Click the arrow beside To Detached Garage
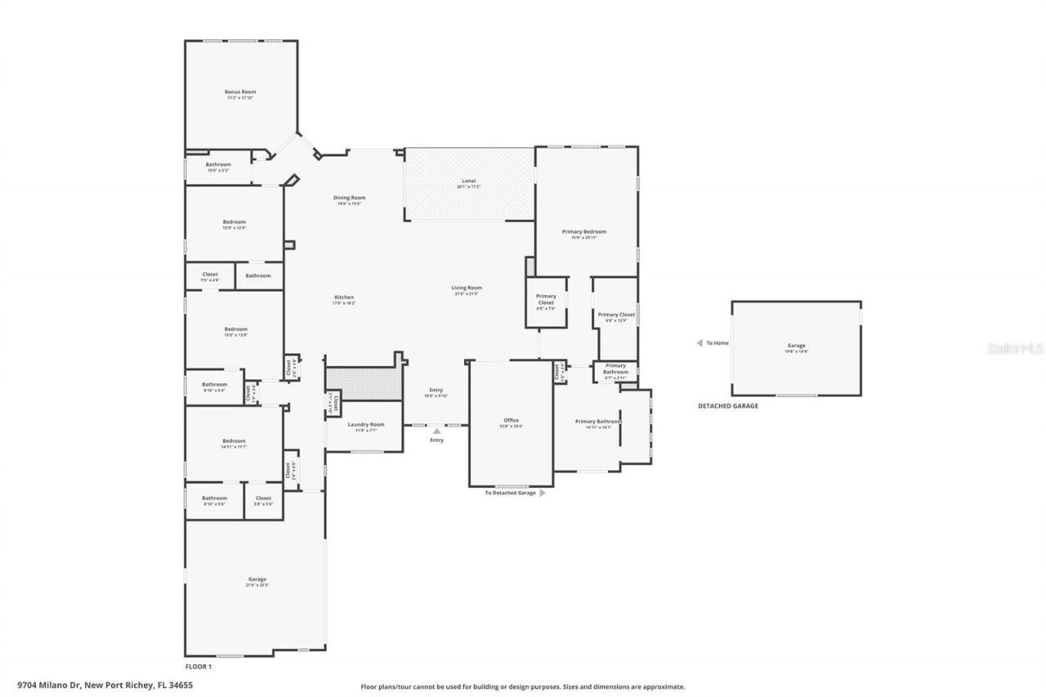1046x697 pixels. [x=542, y=493]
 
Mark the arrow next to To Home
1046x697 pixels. [x=699, y=343]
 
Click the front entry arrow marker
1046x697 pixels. [x=437, y=431]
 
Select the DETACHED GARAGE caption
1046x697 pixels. [x=727, y=405]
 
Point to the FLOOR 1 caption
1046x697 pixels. [x=198, y=667]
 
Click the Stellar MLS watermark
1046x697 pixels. [x=1016, y=348]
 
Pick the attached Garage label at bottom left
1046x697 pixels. [x=257, y=581]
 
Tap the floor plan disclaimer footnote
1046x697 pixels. [x=523, y=687]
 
